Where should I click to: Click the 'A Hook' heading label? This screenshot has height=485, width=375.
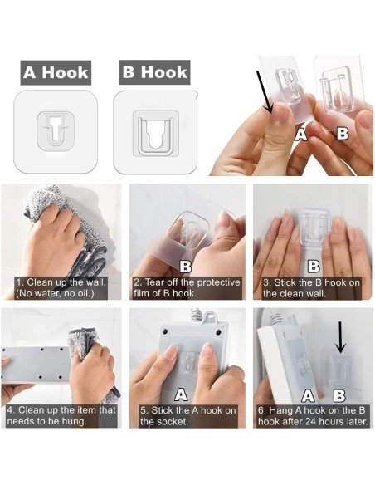(55, 72)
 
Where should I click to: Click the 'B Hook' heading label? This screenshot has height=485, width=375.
(154, 72)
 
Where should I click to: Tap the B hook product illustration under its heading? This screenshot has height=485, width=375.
(154, 131)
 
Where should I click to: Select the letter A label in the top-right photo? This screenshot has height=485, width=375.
(300, 133)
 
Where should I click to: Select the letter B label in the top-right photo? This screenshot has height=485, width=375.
(341, 132)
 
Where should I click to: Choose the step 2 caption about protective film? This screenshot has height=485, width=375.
(187, 287)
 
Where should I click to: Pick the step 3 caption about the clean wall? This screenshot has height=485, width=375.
(312, 287)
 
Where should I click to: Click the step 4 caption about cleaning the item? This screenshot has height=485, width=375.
(60, 415)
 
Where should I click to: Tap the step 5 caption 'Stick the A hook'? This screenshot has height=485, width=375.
(187, 415)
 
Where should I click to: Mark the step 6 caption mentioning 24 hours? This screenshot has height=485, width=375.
(312, 415)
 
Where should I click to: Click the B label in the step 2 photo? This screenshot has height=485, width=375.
(186, 266)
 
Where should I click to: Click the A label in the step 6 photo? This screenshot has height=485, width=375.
(308, 396)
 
